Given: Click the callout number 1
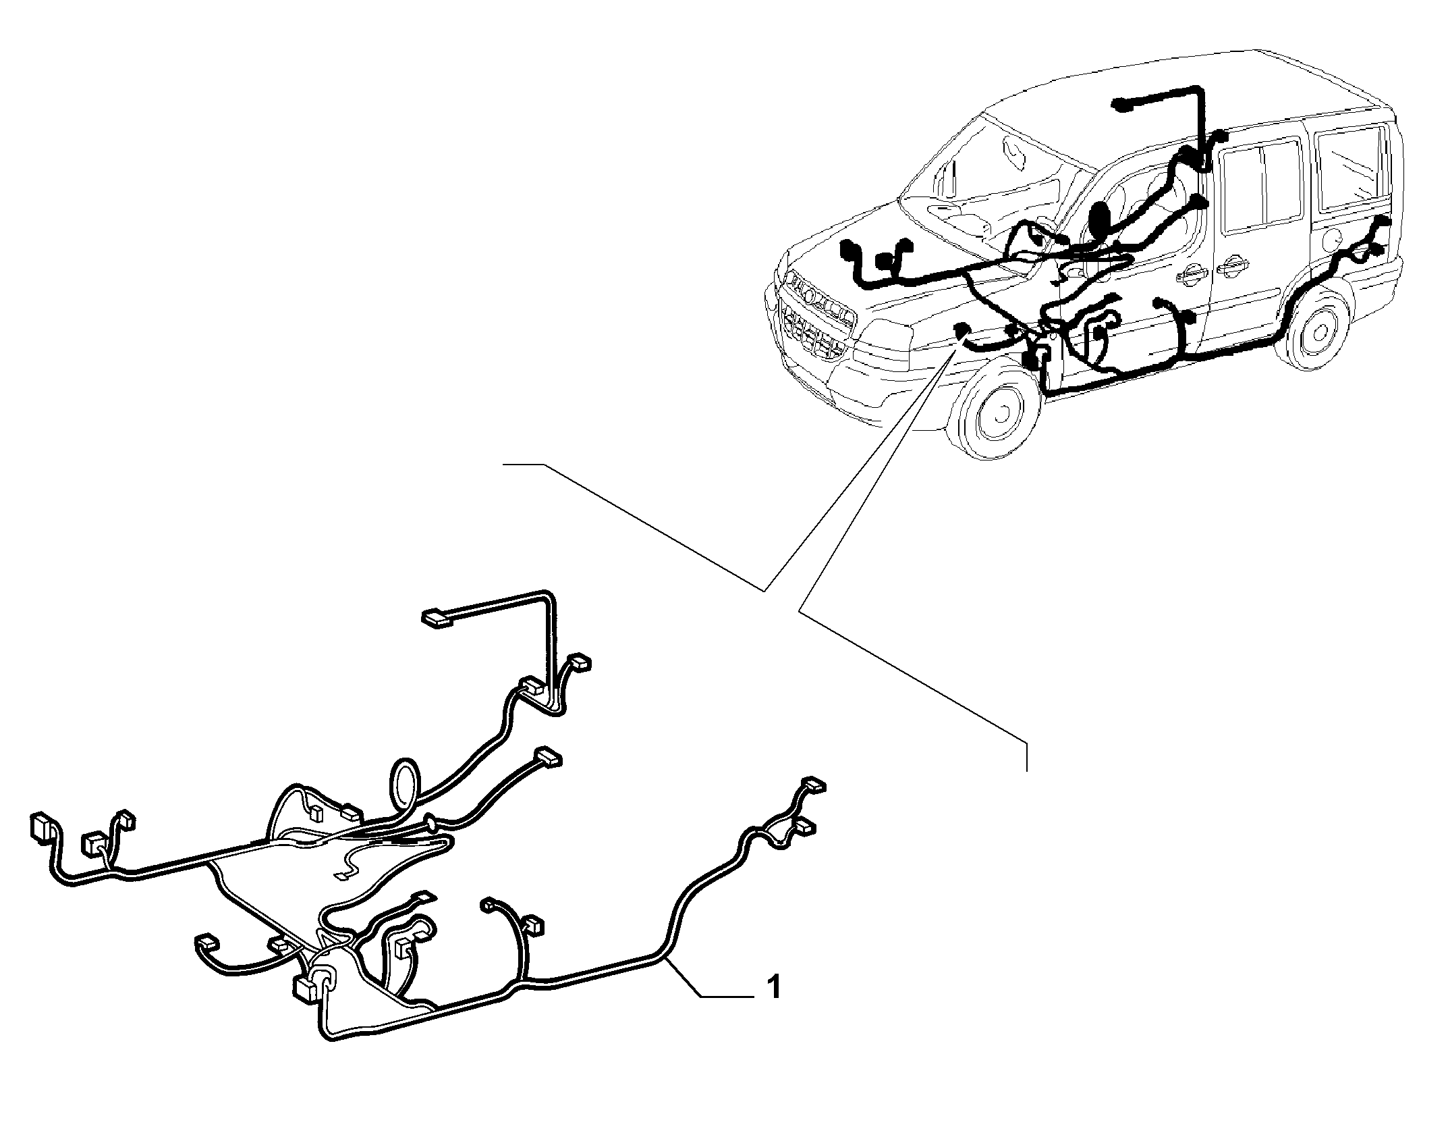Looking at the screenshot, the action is pos(775,987).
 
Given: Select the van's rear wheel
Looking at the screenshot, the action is pos(1316,332).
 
